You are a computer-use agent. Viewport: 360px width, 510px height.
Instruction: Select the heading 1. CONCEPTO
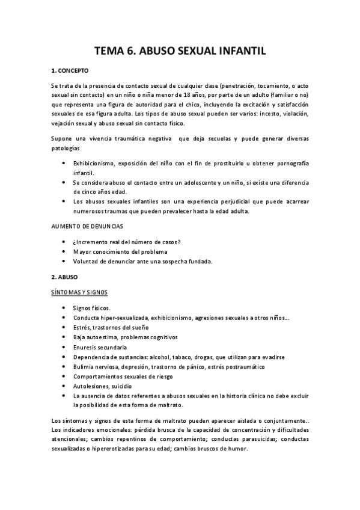[70, 71]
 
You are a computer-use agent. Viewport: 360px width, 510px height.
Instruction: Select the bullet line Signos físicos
[92, 308]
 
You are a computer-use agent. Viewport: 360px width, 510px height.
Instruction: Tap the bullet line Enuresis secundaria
[100, 347]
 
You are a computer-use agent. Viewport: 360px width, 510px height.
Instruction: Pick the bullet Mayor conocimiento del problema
[120, 251]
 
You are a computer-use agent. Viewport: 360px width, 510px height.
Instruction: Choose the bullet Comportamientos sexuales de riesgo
[123, 376]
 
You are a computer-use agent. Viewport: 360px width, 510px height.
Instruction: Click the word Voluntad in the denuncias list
[86, 261]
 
